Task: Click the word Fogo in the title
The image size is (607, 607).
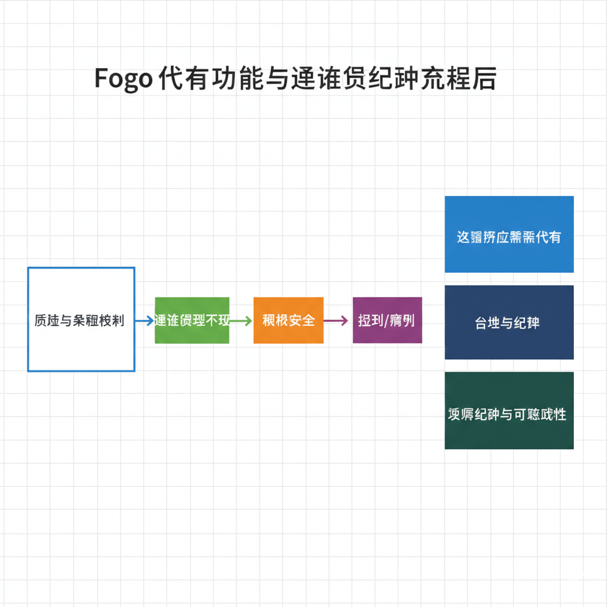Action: tap(123, 79)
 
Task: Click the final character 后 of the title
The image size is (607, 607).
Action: tap(485, 79)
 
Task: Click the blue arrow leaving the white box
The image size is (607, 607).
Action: tap(144, 321)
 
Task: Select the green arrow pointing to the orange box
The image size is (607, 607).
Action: tap(241, 321)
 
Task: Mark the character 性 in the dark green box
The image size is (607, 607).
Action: tap(559, 414)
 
